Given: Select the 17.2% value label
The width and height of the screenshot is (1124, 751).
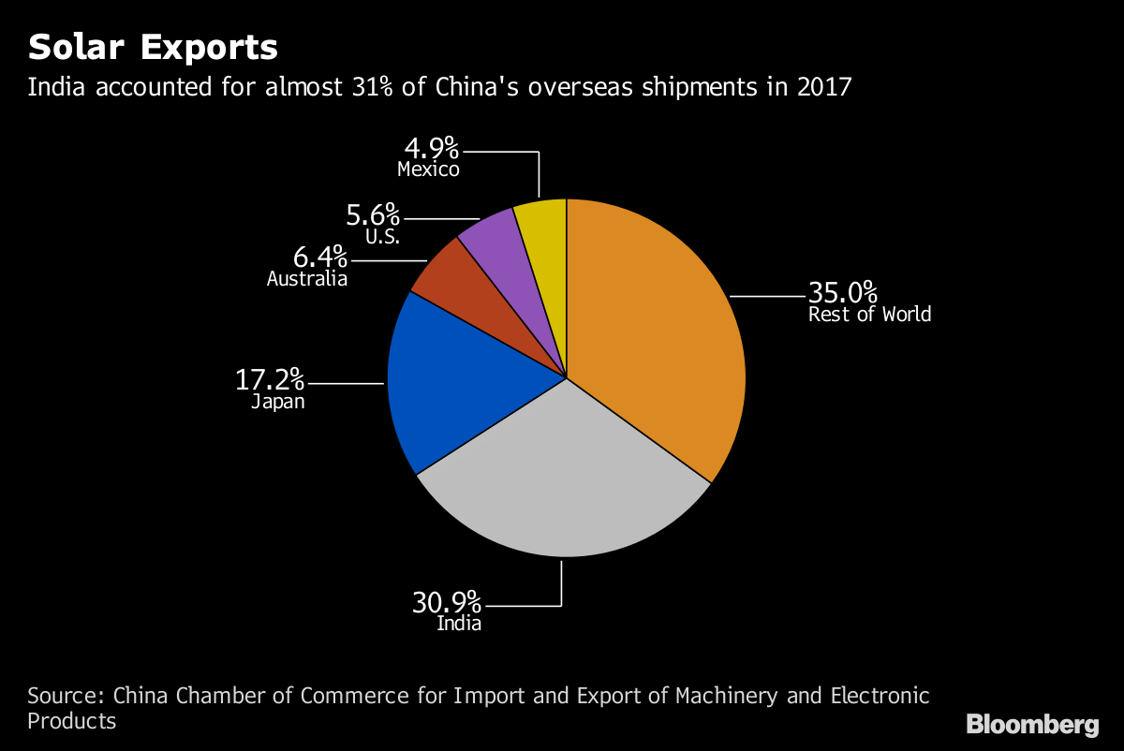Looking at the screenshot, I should tap(270, 381).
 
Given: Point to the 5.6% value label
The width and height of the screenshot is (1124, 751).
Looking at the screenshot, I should tap(373, 216).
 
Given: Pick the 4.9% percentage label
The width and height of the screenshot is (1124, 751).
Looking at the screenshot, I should tap(432, 148).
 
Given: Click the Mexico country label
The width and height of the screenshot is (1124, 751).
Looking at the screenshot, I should tap(428, 169).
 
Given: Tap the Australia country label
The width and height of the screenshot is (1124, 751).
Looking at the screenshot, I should tap(307, 279).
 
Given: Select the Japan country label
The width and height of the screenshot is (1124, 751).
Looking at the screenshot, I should tap(277, 403).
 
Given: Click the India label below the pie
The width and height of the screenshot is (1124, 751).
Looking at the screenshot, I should tap(459, 624).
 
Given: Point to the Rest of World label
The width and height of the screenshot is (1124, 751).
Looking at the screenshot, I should tap(869, 315).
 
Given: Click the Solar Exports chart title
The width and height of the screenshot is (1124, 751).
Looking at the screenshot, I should tap(153, 47).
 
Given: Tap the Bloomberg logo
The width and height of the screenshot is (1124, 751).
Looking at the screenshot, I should tap(1032, 725).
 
